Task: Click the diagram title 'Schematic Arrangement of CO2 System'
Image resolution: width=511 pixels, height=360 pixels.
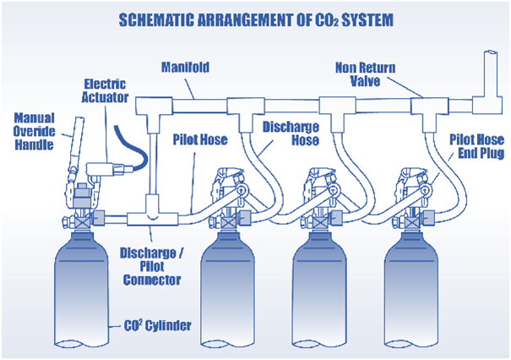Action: pyautogui.click(x=255, y=18)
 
